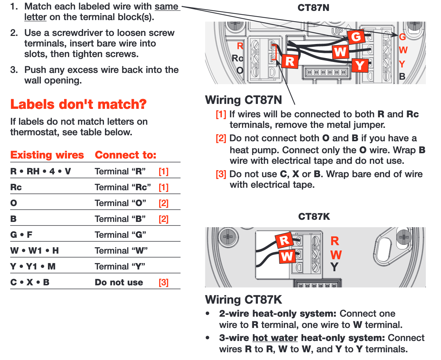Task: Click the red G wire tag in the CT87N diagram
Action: pyautogui.click(x=356, y=37)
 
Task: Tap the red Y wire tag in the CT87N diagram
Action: pyautogui.click(x=360, y=66)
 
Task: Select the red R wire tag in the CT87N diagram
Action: pyautogui.click(x=290, y=61)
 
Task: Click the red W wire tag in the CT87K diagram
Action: pyautogui.click(x=287, y=256)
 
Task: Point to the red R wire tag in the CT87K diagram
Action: pyautogui.click(x=284, y=241)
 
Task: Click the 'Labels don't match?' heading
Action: pyautogui.click(x=78, y=104)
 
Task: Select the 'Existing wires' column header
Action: pyautogui.click(x=47, y=155)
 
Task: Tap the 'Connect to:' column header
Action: pyautogui.click(x=125, y=155)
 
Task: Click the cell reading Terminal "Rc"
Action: pyautogui.click(x=123, y=187)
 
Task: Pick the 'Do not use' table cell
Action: pyautogui.click(x=119, y=283)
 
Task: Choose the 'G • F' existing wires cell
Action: pyautogui.click(x=21, y=235)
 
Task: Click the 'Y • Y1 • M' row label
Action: pyautogui.click(x=33, y=266)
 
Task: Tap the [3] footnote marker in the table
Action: pyautogui.click(x=163, y=283)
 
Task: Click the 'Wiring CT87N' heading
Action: pyautogui.click(x=243, y=100)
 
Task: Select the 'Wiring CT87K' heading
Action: pyautogui.click(x=243, y=300)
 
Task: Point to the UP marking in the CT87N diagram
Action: pyautogui.click(x=337, y=31)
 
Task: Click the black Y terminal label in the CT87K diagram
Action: pyautogui.click(x=334, y=267)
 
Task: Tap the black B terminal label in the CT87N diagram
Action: pyautogui.click(x=402, y=76)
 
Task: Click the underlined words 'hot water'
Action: pyautogui.click(x=275, y=338)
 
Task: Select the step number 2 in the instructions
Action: pyautogui.click(x=14, y=33)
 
